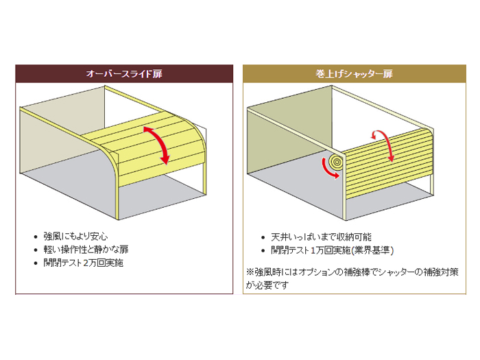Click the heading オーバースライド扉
click(124, 72)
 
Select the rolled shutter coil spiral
click(336, 161)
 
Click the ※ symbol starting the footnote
click(250, 272)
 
